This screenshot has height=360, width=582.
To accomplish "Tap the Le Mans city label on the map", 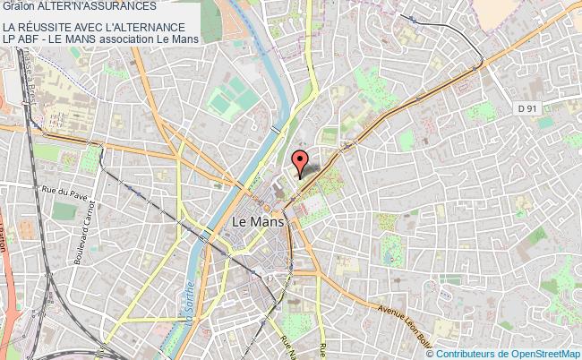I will [257, 221].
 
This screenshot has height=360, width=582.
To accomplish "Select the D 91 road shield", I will [529, 108].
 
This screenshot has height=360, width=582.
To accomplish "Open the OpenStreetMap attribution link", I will [546, 352].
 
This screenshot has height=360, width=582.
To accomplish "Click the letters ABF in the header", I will [33, 39].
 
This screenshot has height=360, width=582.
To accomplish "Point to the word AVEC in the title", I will [95, 27].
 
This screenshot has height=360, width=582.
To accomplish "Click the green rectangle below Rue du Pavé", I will [64, 211].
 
